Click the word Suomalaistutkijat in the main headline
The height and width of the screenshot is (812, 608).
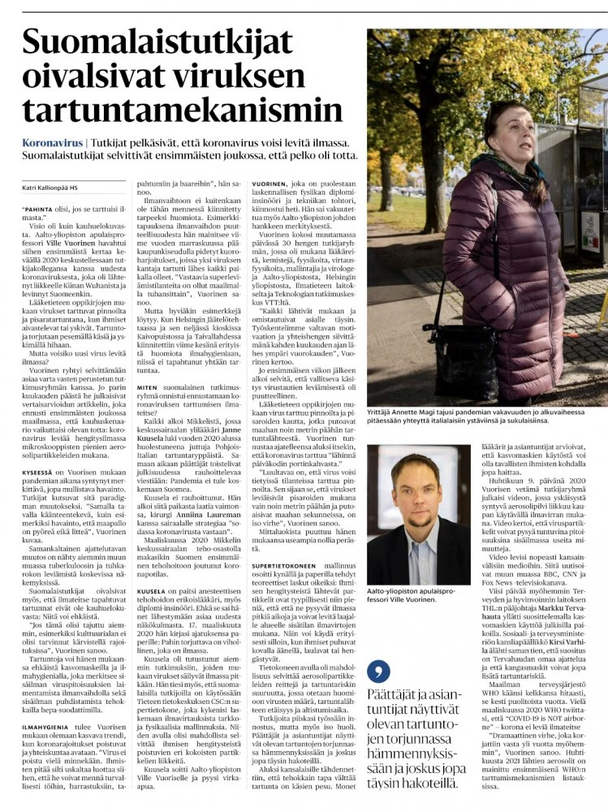pyautogui.click(x=178, y=45)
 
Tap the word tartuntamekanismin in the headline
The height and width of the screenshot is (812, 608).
pyautogui.click(x=171, y=110)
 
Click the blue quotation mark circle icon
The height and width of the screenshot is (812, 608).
pyautogui.click(x=378, y=672)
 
